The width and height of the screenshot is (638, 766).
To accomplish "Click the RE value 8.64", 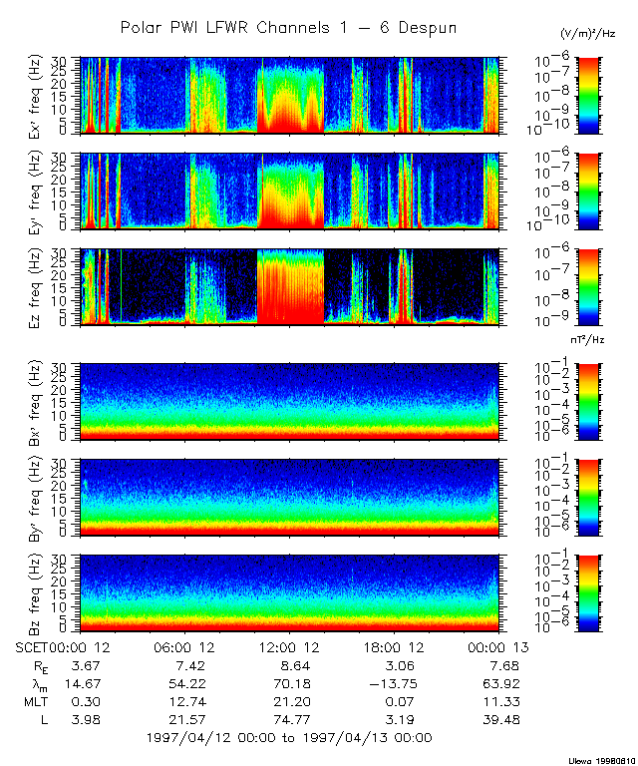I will point(291,665).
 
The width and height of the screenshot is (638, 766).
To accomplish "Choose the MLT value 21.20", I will point(291,701).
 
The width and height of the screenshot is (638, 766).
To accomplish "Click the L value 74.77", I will point(291,719).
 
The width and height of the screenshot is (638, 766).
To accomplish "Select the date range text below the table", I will point(288,738).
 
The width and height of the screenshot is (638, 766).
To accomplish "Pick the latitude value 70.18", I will point(291,683).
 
